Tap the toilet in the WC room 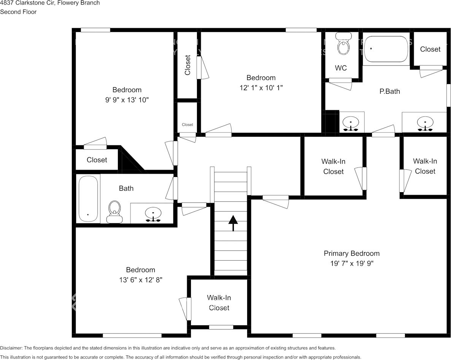tap(344, 46)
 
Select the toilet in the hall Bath tap(114, 212)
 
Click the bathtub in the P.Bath tap(386, 49)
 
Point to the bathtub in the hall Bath tap(88, 199)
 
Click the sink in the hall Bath tap(153, 215)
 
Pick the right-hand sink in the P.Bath tap(424, 124)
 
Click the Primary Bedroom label tap(351, 253)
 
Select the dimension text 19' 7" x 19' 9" tap(351, 263)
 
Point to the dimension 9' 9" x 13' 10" tap(127, 100)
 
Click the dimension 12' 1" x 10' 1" tap(261, 88)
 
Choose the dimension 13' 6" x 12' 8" tap(140, 280)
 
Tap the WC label tap(341, 68)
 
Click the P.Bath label tap(390, 91)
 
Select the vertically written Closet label tap(187, 65)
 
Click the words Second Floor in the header tap(18, 12)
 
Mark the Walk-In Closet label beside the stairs tap(219, 303)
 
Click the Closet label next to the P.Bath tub tap(430, 49)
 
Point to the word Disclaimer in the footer tap(11, 348)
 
